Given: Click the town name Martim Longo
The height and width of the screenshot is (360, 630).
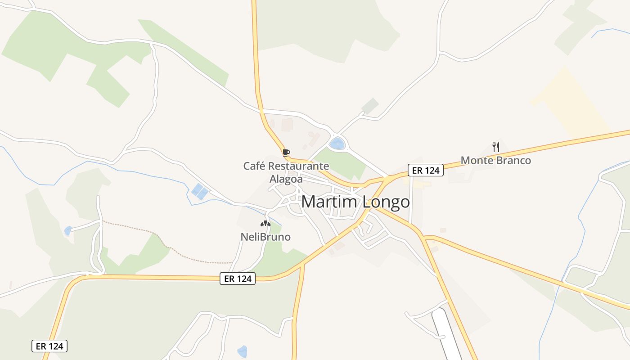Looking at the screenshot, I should coord(355,202).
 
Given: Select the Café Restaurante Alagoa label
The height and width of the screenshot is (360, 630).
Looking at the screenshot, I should coord(286,172).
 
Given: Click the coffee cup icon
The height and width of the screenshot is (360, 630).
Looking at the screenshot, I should coord(286,153).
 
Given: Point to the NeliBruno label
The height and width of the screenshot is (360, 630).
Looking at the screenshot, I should coord(265,237).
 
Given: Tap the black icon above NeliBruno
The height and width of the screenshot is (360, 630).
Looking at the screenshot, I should coord(265,223).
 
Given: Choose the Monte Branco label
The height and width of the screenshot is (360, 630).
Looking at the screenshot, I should coord(495,161).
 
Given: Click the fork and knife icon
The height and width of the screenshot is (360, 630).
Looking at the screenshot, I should coord(496,147).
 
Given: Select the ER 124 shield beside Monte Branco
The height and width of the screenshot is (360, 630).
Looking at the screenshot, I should coord(426,170).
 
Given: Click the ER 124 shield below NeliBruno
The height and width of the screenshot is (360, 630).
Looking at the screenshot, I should coord(238,279).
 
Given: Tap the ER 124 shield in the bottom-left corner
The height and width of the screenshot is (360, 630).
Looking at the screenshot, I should coord(49,346).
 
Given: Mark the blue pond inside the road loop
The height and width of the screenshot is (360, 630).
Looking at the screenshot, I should coord(337,144).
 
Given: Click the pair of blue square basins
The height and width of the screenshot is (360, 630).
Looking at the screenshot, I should coord(200,192).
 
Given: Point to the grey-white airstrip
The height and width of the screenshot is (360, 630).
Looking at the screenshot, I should coord(446,333).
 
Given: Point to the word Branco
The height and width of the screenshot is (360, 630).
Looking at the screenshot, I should coord(513,161).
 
